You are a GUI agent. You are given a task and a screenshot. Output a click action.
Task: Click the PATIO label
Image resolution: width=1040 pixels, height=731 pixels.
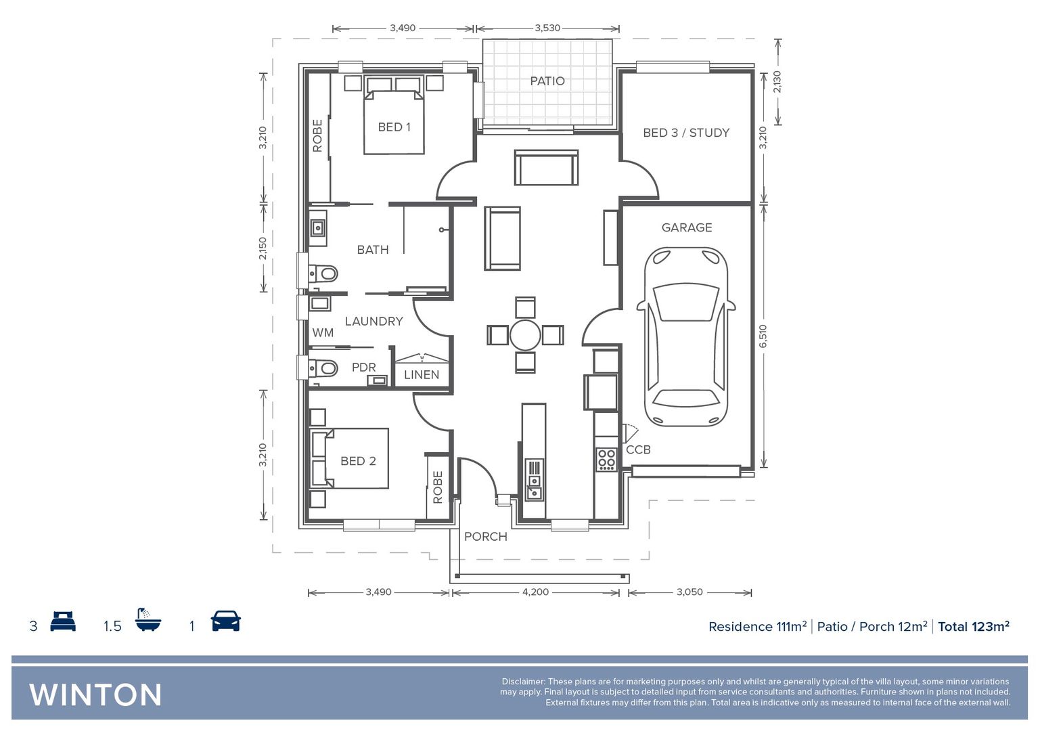(547, 81)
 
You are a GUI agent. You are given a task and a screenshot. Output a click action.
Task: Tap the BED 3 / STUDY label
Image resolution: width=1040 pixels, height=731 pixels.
(686, 133)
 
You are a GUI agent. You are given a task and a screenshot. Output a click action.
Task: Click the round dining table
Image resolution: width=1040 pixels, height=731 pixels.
(525, 335)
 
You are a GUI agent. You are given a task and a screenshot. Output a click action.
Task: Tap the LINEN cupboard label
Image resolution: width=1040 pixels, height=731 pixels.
(422, 374)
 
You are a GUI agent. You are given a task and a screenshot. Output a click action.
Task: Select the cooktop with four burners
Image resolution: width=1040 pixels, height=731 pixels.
(606, 460)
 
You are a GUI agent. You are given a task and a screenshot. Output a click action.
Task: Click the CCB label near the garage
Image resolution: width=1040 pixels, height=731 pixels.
(638, 449)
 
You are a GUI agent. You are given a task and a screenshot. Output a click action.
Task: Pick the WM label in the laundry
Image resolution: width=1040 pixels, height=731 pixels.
(323, 332)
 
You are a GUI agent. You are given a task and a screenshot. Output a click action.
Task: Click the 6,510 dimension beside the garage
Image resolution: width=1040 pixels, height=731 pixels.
(763, 336)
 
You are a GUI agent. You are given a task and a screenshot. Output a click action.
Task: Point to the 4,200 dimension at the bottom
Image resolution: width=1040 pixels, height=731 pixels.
(535, 592)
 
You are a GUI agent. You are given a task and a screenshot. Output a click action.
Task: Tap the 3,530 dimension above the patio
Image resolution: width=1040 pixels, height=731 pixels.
(547, 28)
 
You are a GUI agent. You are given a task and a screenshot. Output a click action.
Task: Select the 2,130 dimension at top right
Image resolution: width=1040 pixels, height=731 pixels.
(777, 82)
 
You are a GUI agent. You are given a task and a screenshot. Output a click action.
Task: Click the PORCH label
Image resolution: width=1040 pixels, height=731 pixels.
(485, 537)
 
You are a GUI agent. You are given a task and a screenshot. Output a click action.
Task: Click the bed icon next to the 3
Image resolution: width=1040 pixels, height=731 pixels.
(63, 621)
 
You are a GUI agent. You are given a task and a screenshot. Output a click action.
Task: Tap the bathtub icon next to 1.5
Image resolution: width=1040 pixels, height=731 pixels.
(148, 620)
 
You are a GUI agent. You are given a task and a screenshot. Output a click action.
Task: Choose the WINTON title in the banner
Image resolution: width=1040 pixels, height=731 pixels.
(95, 695)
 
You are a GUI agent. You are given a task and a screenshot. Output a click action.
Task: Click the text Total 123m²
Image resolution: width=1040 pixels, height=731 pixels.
(973, 627)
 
